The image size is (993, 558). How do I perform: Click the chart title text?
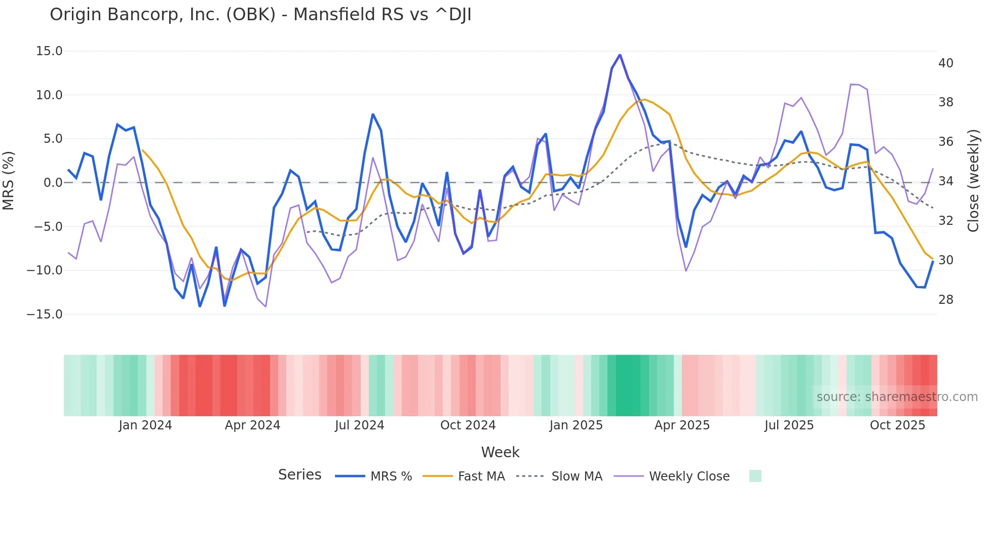point(260,15)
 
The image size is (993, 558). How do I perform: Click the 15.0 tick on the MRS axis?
point(49,51)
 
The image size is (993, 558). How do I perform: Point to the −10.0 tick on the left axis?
point(45,270)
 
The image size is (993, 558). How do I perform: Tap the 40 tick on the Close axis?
point(945,63)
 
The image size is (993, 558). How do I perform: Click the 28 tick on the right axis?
point(945,300)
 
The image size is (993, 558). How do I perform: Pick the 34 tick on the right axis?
point(945,181)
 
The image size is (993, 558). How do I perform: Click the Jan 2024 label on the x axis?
point(145,425)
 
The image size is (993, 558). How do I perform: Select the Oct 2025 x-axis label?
point(897,425)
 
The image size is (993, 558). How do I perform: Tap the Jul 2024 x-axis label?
point(359,425)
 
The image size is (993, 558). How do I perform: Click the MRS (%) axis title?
point(9,180)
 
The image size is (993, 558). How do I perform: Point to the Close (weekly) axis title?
point(973,180)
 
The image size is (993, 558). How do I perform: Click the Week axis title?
point(500,452)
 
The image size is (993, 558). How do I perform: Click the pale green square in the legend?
point(755,476)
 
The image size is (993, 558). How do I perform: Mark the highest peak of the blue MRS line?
point(620,55)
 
